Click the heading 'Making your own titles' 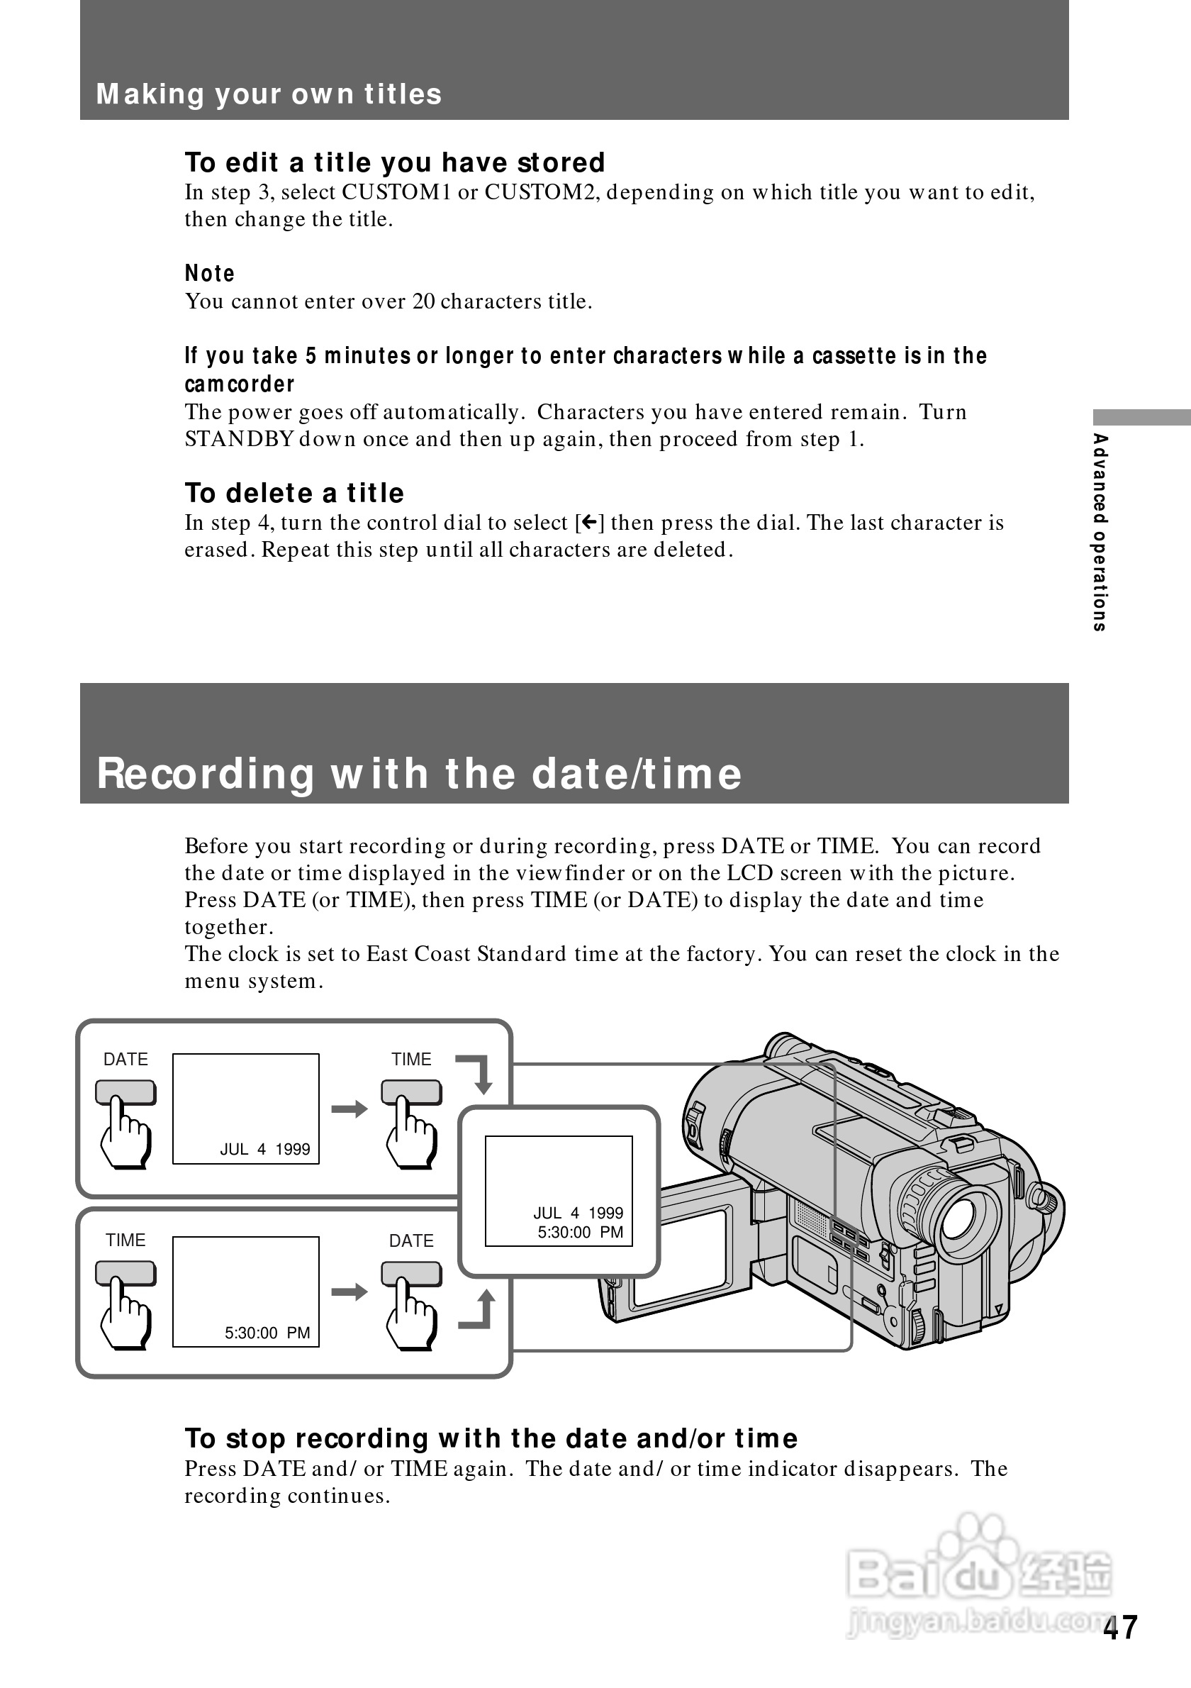(269, 94)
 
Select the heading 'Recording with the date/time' (420, 774)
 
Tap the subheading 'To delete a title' (294, 493)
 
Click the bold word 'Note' (209, 274)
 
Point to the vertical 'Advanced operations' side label (1099, 532)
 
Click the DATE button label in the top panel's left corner (125, 1060)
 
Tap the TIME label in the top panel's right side (410, 1060)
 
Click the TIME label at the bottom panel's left (125, 1240)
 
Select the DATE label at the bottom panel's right (410, 1241)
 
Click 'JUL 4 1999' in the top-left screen (264, 1149)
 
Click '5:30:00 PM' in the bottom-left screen (267, 1333)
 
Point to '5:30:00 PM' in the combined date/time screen (580, 1232)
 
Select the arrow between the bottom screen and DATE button (349, 1292)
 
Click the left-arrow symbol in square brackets (589, 523)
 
